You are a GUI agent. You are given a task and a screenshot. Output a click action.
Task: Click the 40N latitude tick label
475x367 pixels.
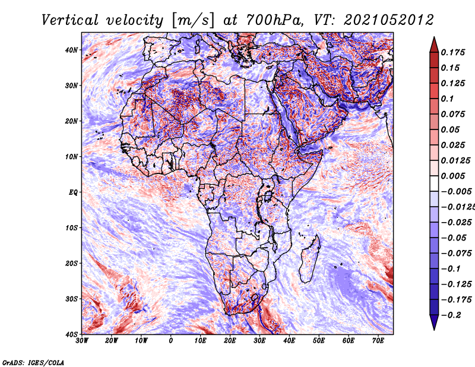coord(71,50)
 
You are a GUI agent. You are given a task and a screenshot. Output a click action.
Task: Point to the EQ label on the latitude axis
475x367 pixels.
coord(73,192)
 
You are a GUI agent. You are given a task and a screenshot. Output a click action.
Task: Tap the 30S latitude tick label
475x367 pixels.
coord(71,299)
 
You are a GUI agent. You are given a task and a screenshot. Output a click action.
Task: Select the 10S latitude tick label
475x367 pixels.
coord(71,227)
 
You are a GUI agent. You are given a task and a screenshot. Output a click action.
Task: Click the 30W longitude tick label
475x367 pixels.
coord(82,341)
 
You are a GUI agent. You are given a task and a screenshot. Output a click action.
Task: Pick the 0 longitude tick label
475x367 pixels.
coord(171,341)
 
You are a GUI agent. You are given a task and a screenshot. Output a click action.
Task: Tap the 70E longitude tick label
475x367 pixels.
coord(378,341)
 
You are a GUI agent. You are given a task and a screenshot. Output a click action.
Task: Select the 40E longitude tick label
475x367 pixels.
coord(289,341)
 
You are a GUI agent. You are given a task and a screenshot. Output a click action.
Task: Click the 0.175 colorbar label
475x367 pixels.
coord(453,52)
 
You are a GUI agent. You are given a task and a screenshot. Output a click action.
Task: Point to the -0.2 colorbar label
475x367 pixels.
coord(451,315)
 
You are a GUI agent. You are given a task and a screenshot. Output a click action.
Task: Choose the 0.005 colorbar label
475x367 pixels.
coord(453,176)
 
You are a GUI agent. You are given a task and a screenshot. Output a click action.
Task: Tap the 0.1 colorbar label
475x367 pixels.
coord(447,99)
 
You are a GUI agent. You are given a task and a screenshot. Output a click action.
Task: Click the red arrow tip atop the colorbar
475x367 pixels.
coord(434,37)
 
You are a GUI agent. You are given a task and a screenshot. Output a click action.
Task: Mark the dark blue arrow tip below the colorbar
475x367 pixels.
coord(434,330)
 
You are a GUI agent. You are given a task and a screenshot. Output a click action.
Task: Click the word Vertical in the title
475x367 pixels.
coord(70,20)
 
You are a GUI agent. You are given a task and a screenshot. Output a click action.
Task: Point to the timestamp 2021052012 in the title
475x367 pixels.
coord(389,20)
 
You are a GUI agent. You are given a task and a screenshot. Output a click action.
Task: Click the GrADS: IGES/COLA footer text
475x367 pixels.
coord(33,362)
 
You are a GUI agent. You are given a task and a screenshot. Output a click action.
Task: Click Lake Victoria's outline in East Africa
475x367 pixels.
coord(268,196)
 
